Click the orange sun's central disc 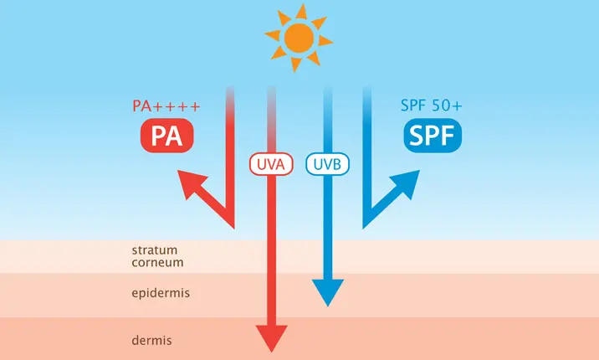point(299,38)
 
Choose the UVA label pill point(270,164)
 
